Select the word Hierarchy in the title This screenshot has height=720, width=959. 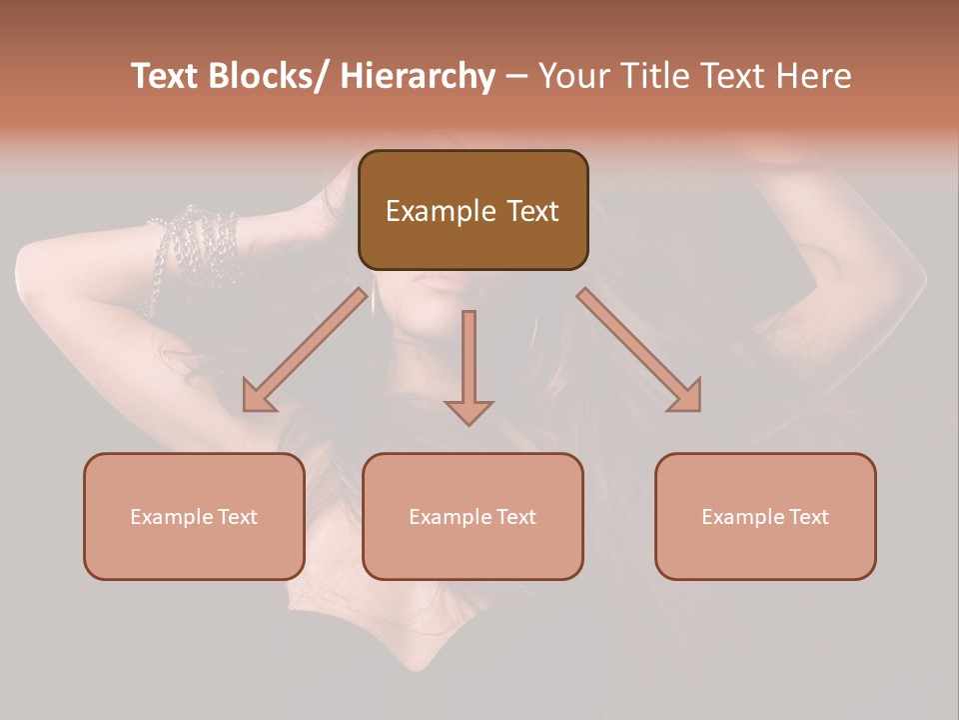click(x=418, y=77)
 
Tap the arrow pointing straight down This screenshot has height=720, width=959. click(x=469, y=360)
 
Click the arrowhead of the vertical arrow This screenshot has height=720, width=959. click(x=469, y=411)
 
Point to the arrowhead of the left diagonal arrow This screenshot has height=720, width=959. click(x=258, y=396)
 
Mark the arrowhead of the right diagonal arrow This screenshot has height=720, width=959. click(x=686, y=396)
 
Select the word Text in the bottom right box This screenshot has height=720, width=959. click(x=808, y=517)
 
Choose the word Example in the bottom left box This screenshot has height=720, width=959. click(x=172, y=517)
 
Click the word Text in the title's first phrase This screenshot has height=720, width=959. click(x=167, y=77)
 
